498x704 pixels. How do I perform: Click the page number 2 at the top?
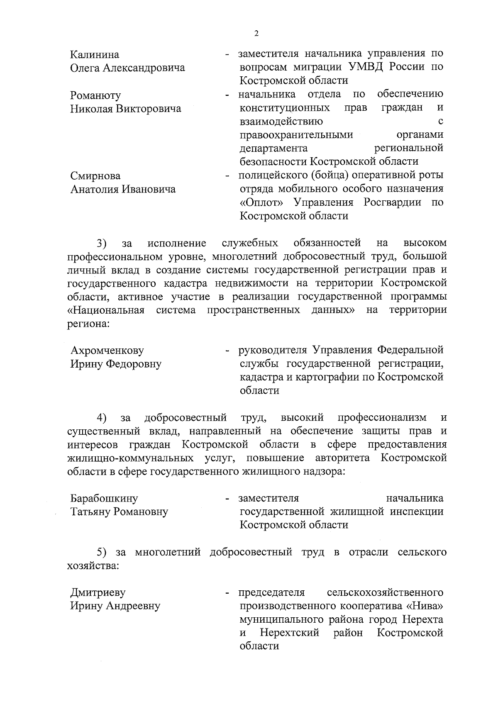[x=256, y=34]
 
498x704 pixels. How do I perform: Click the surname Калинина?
[x=95, y=55]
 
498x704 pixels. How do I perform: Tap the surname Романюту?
[x=95, y=95]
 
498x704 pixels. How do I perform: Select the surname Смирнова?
[x=95, y=176]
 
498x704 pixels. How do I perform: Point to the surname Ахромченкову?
[x=107, y=351]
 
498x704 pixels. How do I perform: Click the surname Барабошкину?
[x=104, y=498]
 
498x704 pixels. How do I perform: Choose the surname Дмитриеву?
[x=98, y=592]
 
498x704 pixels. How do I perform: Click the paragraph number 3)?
[x=102, y=243]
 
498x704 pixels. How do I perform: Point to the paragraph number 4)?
[x=102, y=417]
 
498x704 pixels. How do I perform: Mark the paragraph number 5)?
[x=102, y=552]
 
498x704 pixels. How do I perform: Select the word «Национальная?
[x=106, y=310]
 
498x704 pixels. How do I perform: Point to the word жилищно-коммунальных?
[x=130, y=458]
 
